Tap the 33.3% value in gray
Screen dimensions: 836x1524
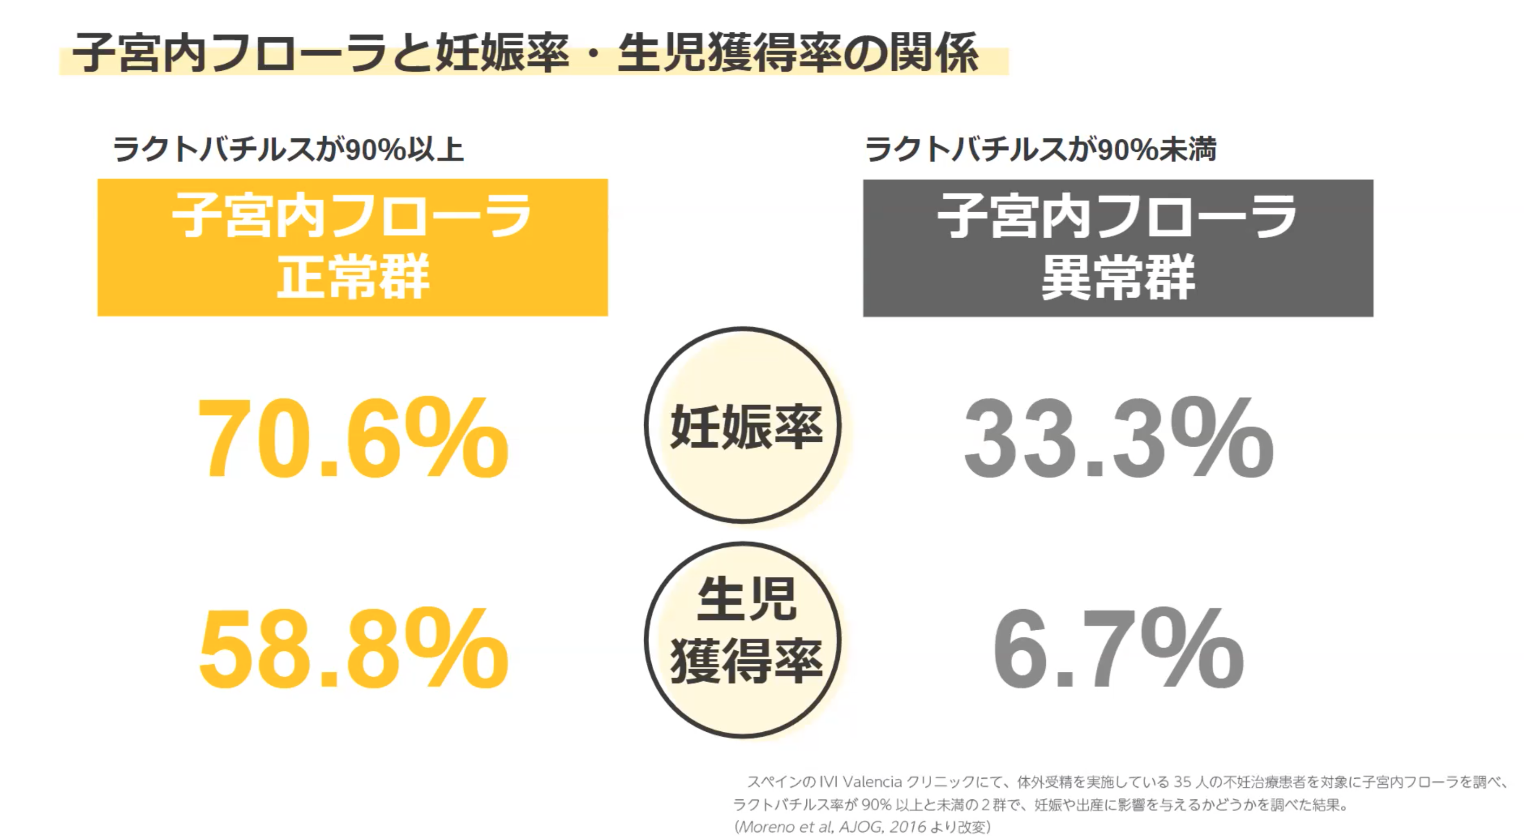pyautogui.click(x=1118, y=439)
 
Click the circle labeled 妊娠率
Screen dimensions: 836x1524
pyautogui.click(x=744, y=425)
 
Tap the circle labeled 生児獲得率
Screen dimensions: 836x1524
pyautogui.click(x=744, y=640)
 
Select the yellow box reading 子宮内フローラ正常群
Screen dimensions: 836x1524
pyautogui.click(x=352, y=247)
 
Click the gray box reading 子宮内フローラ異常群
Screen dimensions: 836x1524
pyautogui.click(x=1118, y=248)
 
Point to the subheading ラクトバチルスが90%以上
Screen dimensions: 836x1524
pyautogui.click(x=288, y=149)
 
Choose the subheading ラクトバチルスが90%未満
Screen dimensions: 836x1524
pyautogui.click(x=1041, y=149)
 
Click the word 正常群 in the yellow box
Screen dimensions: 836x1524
pyautogui.click(x=352, y=277)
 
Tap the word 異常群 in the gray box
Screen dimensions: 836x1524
pyautogui.click(x=1118, y=277)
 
